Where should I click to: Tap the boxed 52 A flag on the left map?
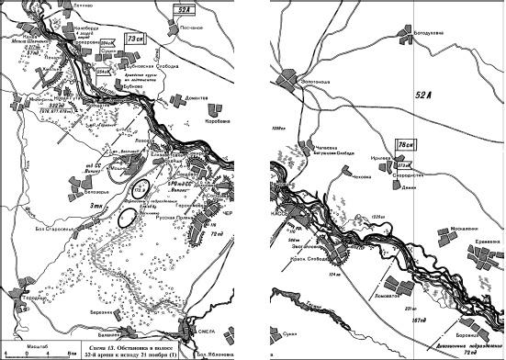[x=185, y=10]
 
